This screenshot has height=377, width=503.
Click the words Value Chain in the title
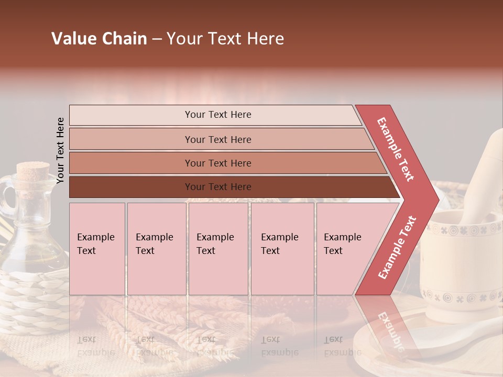click(x=99, y=39)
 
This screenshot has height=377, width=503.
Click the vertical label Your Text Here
click(x=60, y=150)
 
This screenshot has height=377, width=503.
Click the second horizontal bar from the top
click(x=218, y=139)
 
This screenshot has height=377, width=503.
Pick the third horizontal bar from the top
click(x=218, y=163)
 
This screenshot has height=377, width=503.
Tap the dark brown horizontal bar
click(x=218, y=187)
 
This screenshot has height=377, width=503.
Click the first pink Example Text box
click(x=97, y=249)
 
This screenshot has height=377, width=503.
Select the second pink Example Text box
click(x=157, y=249)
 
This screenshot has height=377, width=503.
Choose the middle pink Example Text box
click(x=218, y=249)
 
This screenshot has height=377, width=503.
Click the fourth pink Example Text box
click(x=282, y=249)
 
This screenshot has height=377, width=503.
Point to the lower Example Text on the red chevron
click(x=397, y=247)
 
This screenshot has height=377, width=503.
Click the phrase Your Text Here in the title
click(x=225, y=39)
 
